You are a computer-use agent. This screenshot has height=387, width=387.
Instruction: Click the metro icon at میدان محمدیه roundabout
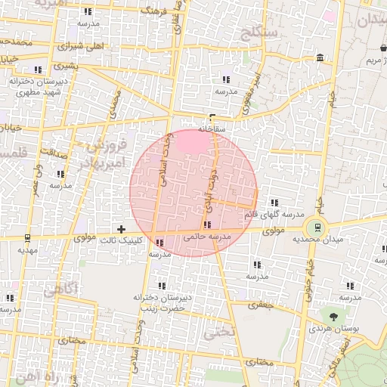tap(317, 226)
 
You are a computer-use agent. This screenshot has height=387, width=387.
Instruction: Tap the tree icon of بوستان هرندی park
tap(332, 314)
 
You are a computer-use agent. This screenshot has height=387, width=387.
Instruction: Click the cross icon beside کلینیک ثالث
tap(121, 228)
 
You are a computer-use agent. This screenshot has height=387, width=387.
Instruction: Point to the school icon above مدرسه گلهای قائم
tap(274, 203)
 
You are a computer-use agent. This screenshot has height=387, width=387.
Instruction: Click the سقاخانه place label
tap(212, 129)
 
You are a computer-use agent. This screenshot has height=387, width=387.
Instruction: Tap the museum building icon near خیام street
tap(320, 58)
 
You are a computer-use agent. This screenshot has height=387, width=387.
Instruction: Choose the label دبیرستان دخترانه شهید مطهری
tap(34, 85)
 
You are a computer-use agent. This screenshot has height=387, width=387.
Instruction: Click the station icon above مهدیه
tap(27, 237)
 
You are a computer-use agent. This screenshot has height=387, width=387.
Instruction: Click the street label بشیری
tap(76, 66)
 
